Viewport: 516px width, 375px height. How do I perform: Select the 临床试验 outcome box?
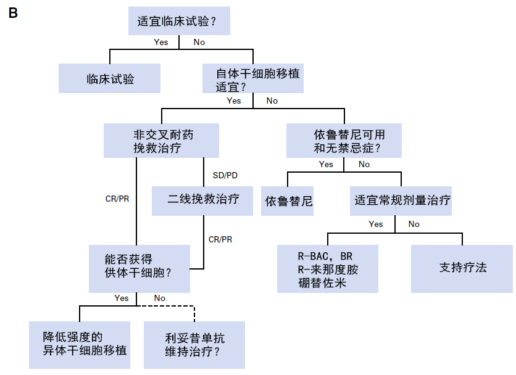pyautogui.click(x=109, y=78)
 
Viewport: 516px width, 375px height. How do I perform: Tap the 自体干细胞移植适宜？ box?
pyautogui.click(x=253, y=78)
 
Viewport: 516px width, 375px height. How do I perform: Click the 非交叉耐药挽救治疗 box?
pyautogui.click(x=162, y=140)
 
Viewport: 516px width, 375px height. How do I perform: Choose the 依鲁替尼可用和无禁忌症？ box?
pyautogui.click(x=344, y=140)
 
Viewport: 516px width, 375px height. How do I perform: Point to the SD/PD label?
pyautogui.click(x=225, y=175)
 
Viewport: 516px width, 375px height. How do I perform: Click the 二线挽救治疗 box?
pyautogui.click(x=202, y=200)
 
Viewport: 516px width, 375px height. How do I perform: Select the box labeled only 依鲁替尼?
pyautogui.click(x=287, y=200)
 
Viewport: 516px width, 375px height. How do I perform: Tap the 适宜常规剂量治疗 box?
pyautogui.click(x=401, y=200)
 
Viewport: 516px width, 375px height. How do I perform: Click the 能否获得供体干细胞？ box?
pyautogui.click(x=138, y=268)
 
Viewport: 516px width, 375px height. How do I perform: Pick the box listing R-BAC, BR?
pyautogui.click(x=327, y=268)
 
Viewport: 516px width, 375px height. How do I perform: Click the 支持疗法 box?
pyautogui.click(x=462, y=268)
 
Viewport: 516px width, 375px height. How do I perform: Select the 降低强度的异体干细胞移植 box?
pyautogui.click(x=80, y=344)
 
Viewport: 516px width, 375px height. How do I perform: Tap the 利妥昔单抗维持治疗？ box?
pyautogui.click(x=194, y=344)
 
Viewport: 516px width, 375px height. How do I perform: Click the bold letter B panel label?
pyautogui.click(x=12, y=13)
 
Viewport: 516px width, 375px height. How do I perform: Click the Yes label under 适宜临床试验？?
pyautogui.click(x=160, y=42)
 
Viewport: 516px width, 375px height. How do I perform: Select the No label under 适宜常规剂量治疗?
pyautogui.click(x=414, y=224)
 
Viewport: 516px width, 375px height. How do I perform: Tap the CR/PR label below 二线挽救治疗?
pyautogui.click(x=220, y=239)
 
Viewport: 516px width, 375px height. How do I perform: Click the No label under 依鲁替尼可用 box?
pyautogui.click(x=364, y=164)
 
